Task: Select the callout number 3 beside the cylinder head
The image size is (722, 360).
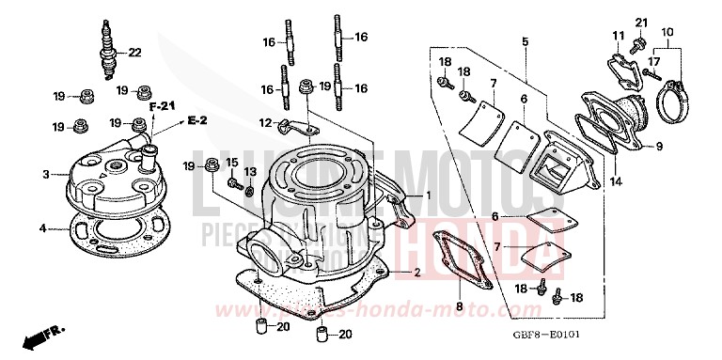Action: tap(44, 174)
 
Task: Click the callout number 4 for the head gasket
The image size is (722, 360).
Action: tap(44, 227)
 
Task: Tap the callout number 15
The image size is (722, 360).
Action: tap(228, 163)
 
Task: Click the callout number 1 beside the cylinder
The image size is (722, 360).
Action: tap(427, 196)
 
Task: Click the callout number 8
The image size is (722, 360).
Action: tap(460, 306)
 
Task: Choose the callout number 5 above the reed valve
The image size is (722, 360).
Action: tap(525, 42)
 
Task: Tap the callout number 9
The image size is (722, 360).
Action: tap(659, 146)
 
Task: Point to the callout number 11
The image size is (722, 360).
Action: tap(618, 36)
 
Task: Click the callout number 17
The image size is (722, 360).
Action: tap(655, 62)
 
